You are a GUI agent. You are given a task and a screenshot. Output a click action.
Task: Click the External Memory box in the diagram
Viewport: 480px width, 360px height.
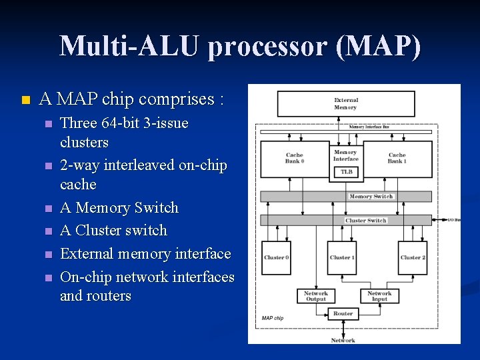point(345,104)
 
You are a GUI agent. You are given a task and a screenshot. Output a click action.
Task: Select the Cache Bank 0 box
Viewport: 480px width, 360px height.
point(294,158)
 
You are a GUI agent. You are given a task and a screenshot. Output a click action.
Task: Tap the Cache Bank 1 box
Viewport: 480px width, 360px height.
point(397,158)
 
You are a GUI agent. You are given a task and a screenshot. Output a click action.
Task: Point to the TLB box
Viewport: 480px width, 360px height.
point(345,172)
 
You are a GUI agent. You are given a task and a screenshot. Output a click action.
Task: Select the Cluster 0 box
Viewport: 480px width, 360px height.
point(276,257)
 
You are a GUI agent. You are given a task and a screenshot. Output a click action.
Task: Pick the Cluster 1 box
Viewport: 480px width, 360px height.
point(342,257)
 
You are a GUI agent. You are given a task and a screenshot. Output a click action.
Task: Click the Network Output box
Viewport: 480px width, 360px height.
point(315,296)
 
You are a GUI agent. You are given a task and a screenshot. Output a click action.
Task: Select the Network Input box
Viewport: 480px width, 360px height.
point(379,296)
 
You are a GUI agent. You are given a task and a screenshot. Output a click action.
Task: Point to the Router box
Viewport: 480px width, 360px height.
point(343,313)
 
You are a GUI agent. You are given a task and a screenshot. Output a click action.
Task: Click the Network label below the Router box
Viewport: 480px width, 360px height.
point(343,340)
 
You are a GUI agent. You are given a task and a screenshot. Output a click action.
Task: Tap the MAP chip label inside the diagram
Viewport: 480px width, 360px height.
point(273,318)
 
